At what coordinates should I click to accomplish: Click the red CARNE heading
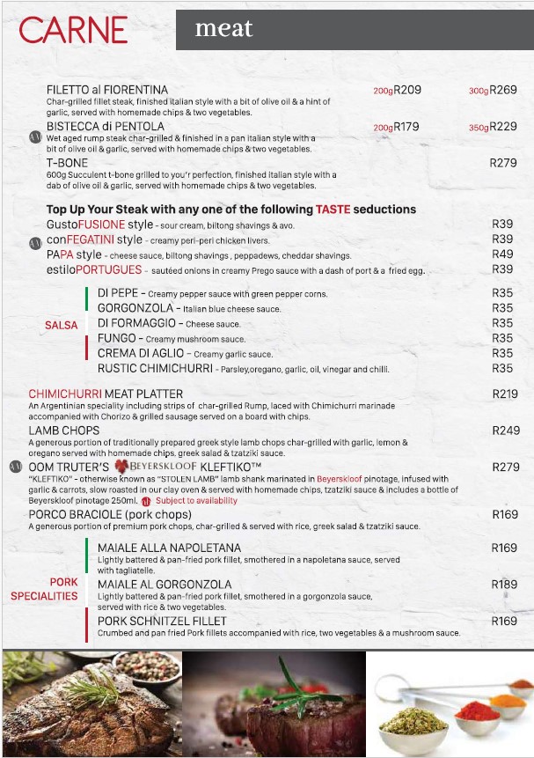click(73, 30)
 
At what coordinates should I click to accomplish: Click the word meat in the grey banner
click(223, 29)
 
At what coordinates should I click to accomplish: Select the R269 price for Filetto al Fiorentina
click(503, 90)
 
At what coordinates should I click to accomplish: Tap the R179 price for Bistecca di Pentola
click(406, 127)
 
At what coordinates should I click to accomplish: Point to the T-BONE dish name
click(66, 163)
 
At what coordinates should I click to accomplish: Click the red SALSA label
click(61, 325)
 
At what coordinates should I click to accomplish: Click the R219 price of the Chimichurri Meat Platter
click(505, 394)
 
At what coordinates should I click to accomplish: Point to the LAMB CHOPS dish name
click(64, 431)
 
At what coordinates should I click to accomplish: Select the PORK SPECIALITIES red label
click(45, 589)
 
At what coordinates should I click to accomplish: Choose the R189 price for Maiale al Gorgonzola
click(504, 585)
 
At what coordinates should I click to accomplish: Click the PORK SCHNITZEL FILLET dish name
click(165, 621)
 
